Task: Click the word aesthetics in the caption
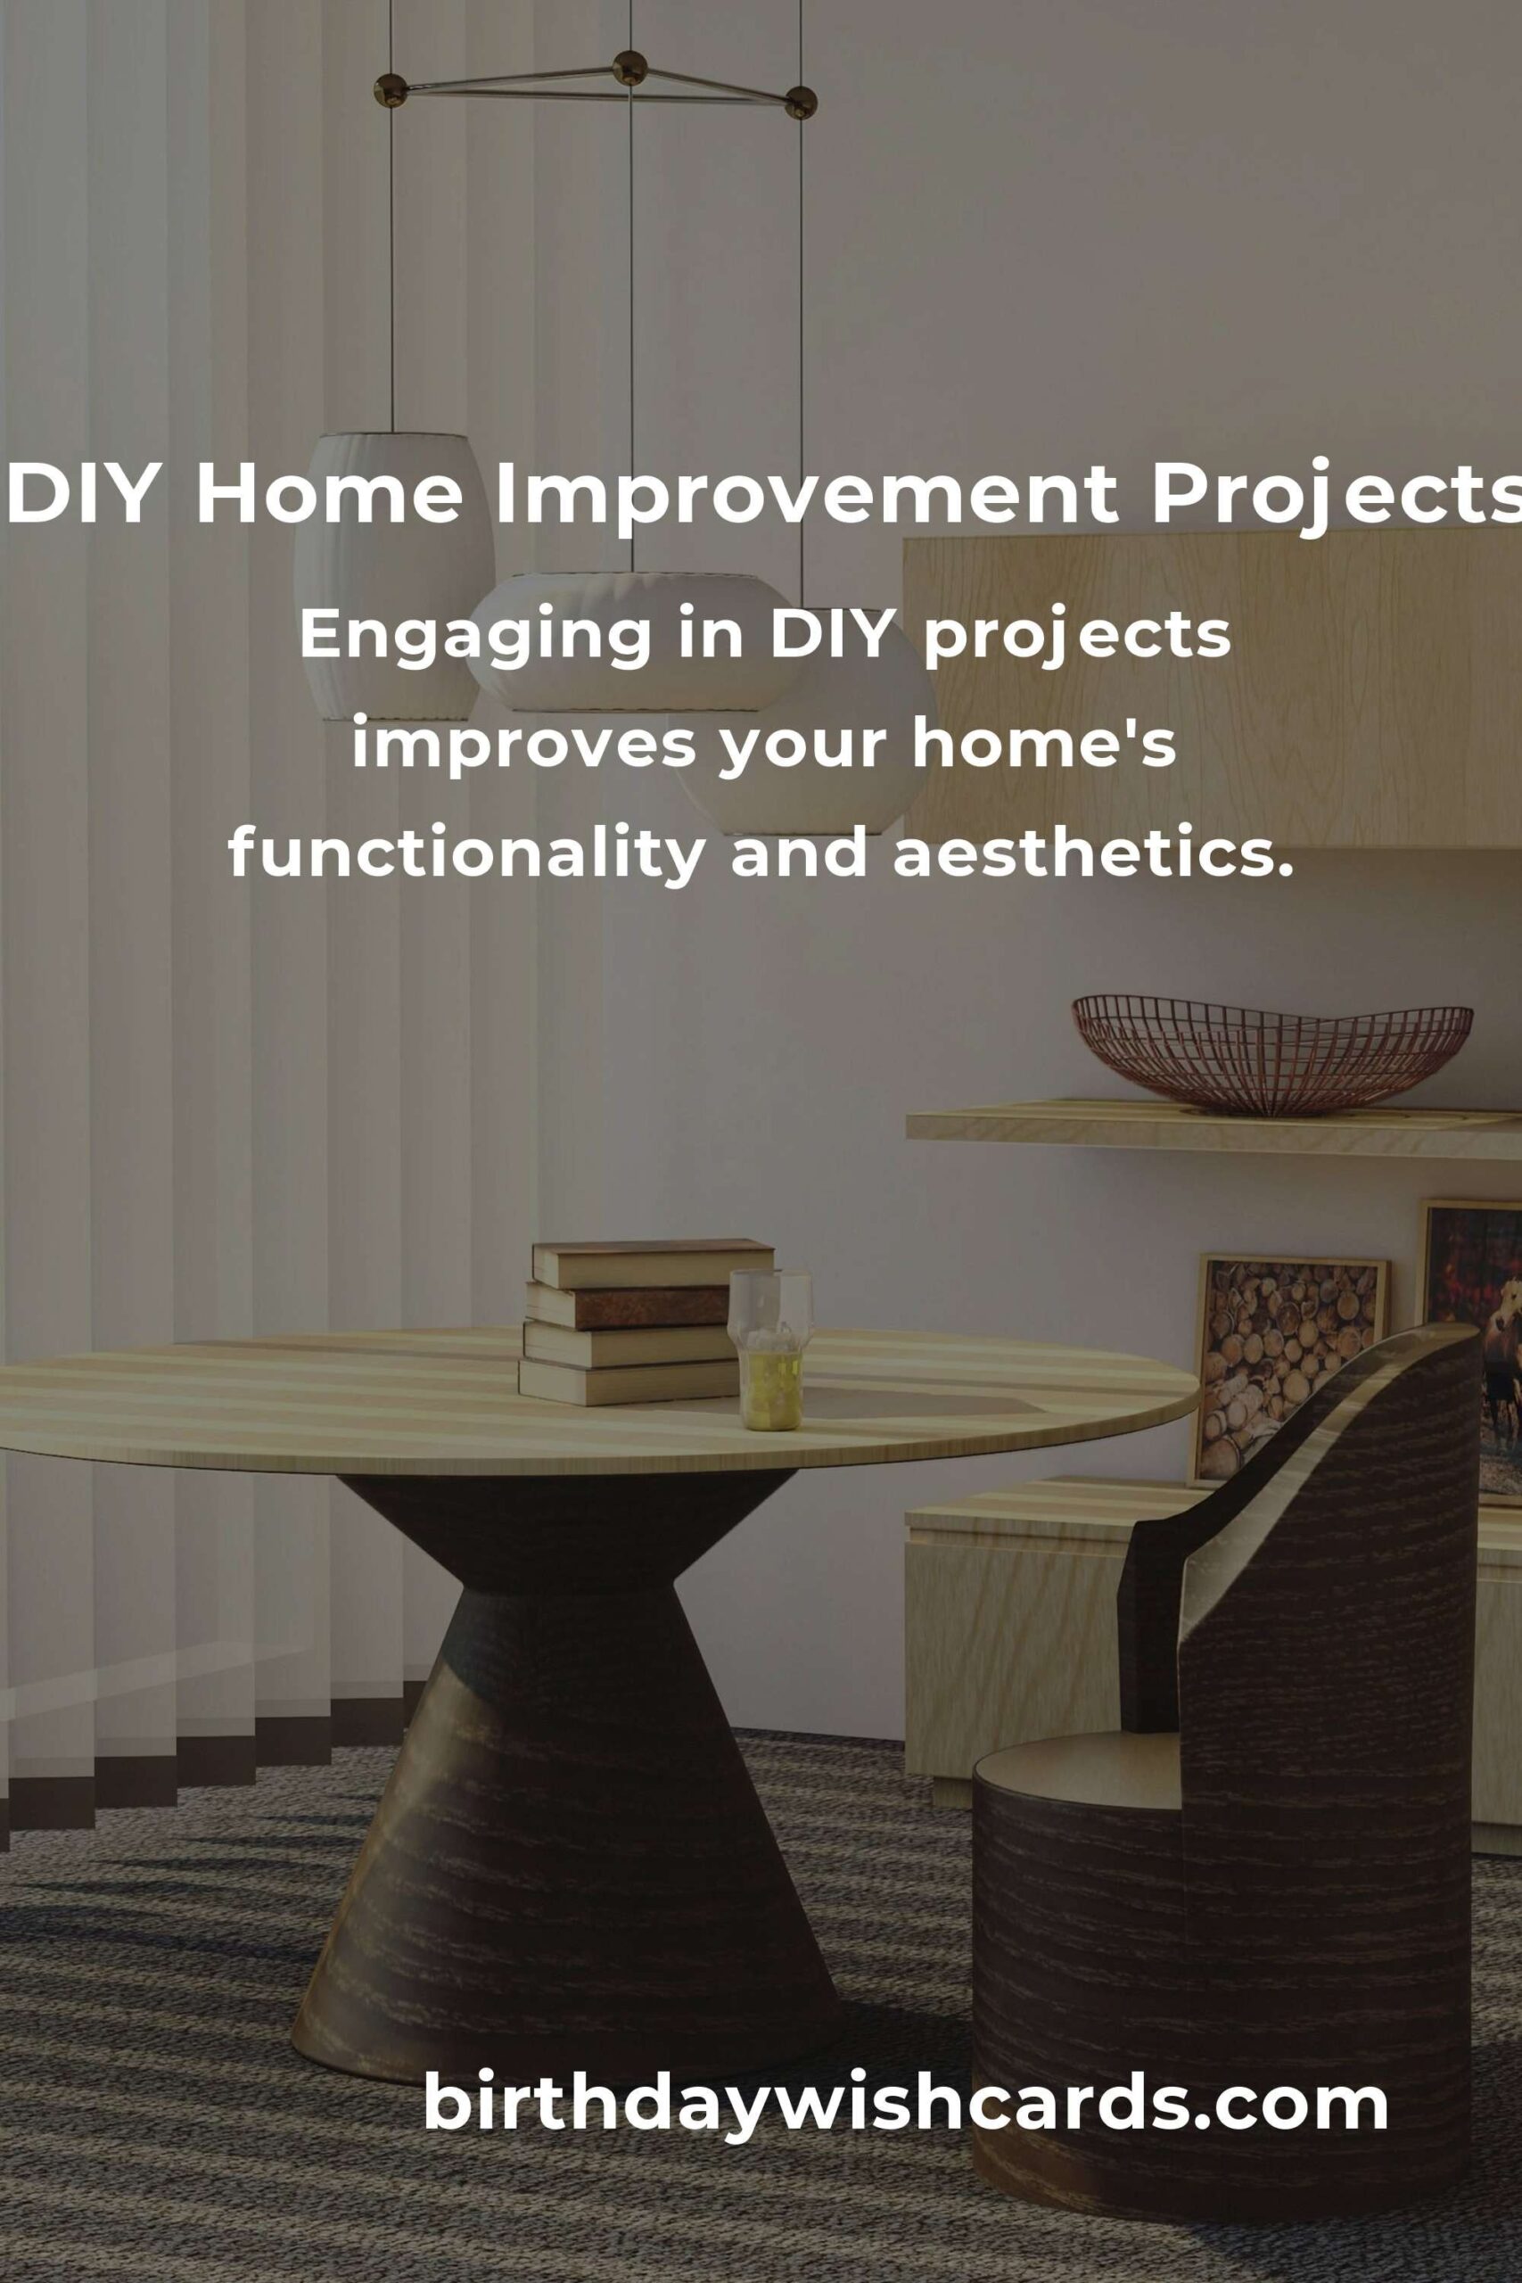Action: [x=1093, y=855]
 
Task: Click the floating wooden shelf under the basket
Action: [x=1213, y=1128]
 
